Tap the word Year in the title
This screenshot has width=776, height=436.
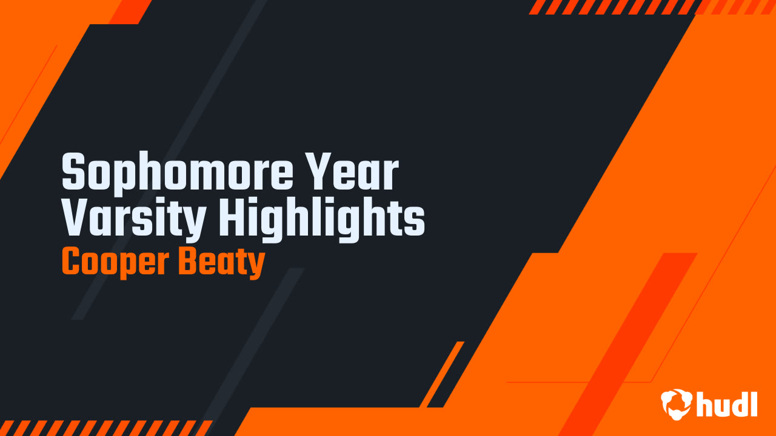353,171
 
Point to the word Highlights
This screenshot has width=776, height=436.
321,219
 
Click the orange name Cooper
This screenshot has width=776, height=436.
115,263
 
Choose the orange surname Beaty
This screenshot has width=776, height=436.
222,263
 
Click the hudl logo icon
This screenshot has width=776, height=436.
676,404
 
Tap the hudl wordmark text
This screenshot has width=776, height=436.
727,404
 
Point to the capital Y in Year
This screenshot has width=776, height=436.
319,171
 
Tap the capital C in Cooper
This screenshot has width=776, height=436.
71,262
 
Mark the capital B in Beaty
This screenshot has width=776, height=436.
188,262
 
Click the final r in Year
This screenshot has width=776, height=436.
391,176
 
